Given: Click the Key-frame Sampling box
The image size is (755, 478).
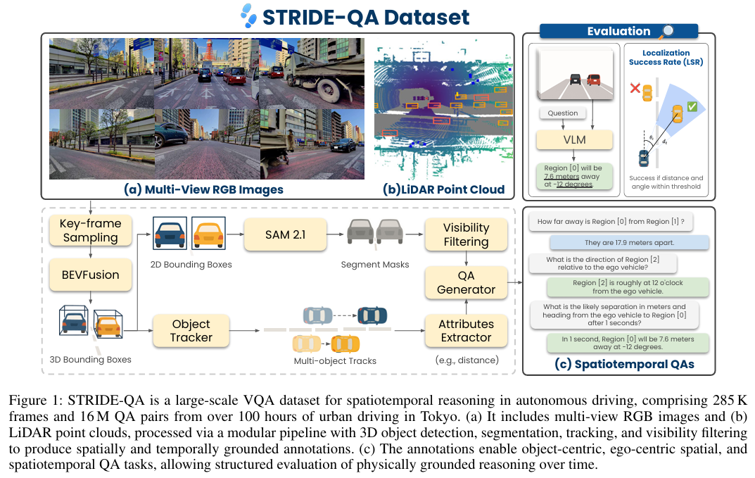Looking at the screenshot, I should point(91,231).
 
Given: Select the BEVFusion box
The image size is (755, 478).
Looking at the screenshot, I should point(91,275).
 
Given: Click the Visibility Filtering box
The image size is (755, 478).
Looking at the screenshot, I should point(466,234).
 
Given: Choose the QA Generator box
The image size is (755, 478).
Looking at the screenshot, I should point(466,282).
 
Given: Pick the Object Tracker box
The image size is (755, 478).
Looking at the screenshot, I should point(191,331).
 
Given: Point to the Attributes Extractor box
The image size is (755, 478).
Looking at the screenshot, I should point(466,331).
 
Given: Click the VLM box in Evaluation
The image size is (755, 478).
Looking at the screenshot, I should point(573,139).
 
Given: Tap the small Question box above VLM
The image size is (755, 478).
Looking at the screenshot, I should point(562,113).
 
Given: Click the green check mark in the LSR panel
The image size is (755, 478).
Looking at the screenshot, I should point(692,106).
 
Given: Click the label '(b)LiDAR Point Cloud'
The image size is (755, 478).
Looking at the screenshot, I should point(443,189).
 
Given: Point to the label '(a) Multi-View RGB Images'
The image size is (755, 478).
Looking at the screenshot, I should point(203,189).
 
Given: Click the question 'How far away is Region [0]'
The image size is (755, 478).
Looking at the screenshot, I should point(611,222).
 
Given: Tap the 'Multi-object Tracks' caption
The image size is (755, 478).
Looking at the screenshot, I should point(334,361).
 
